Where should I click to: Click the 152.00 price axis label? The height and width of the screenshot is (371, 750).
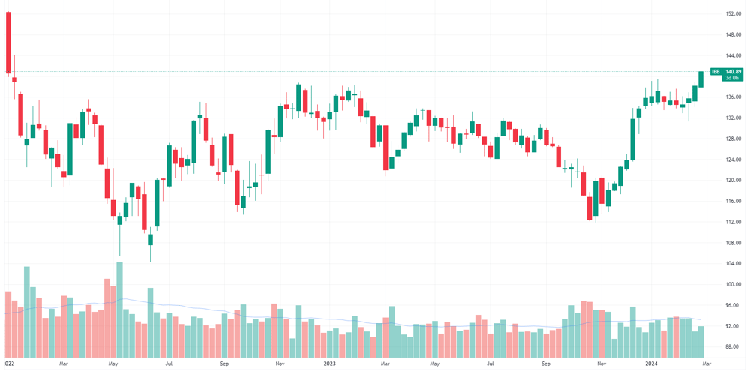pos(732,13)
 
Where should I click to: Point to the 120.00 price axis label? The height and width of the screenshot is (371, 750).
pos(732,180)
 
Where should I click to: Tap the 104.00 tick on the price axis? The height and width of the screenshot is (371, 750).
pos(732,263)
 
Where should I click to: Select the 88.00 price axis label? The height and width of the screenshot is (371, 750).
pos(732,346)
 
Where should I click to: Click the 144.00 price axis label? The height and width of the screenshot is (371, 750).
pos(732,55)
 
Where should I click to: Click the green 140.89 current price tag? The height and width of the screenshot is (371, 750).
pos(733,72)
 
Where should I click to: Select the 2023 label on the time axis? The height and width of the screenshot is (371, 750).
pos(329,364)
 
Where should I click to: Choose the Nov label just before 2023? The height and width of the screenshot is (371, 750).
pos(280,364)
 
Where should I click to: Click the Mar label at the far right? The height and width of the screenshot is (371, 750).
pos(706,364)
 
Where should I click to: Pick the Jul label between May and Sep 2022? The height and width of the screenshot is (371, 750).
pos(168,364)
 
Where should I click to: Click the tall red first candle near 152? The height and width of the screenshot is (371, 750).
pos(8,43)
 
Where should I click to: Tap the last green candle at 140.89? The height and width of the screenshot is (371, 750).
pos(700,79)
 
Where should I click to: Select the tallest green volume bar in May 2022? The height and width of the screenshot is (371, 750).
pos(119,310)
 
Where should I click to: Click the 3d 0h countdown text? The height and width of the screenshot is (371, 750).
pos(732,77)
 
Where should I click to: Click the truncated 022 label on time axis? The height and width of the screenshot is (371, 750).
pos(9,364)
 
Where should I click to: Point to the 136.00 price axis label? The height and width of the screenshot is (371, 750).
pos(732,97)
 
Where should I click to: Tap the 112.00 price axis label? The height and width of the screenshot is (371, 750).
pos(732,222)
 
